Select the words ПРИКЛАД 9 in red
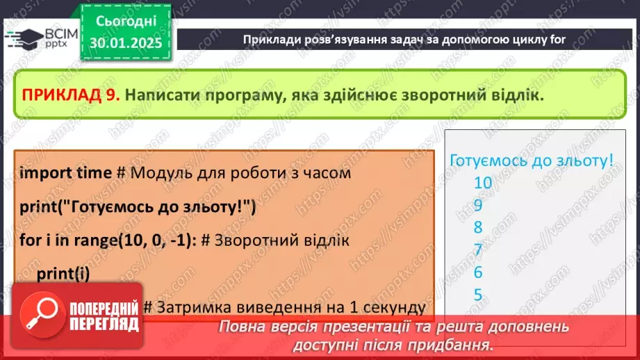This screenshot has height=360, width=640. click(x=72, y=96)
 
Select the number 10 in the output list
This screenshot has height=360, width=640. click(x=482, y=183)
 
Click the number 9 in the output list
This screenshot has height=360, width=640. click(x=478, y=205)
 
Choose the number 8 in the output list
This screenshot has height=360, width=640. click(x=478, y=227)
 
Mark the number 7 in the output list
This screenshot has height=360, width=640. click(x=478, y=249)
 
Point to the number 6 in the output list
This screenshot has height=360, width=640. click(x=478, y=272)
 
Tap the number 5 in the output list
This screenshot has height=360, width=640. click(x=478, y=294)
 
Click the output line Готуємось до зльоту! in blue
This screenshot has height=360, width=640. click(x=532, y=161)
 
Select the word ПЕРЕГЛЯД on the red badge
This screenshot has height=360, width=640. click(x=104, y=324)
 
